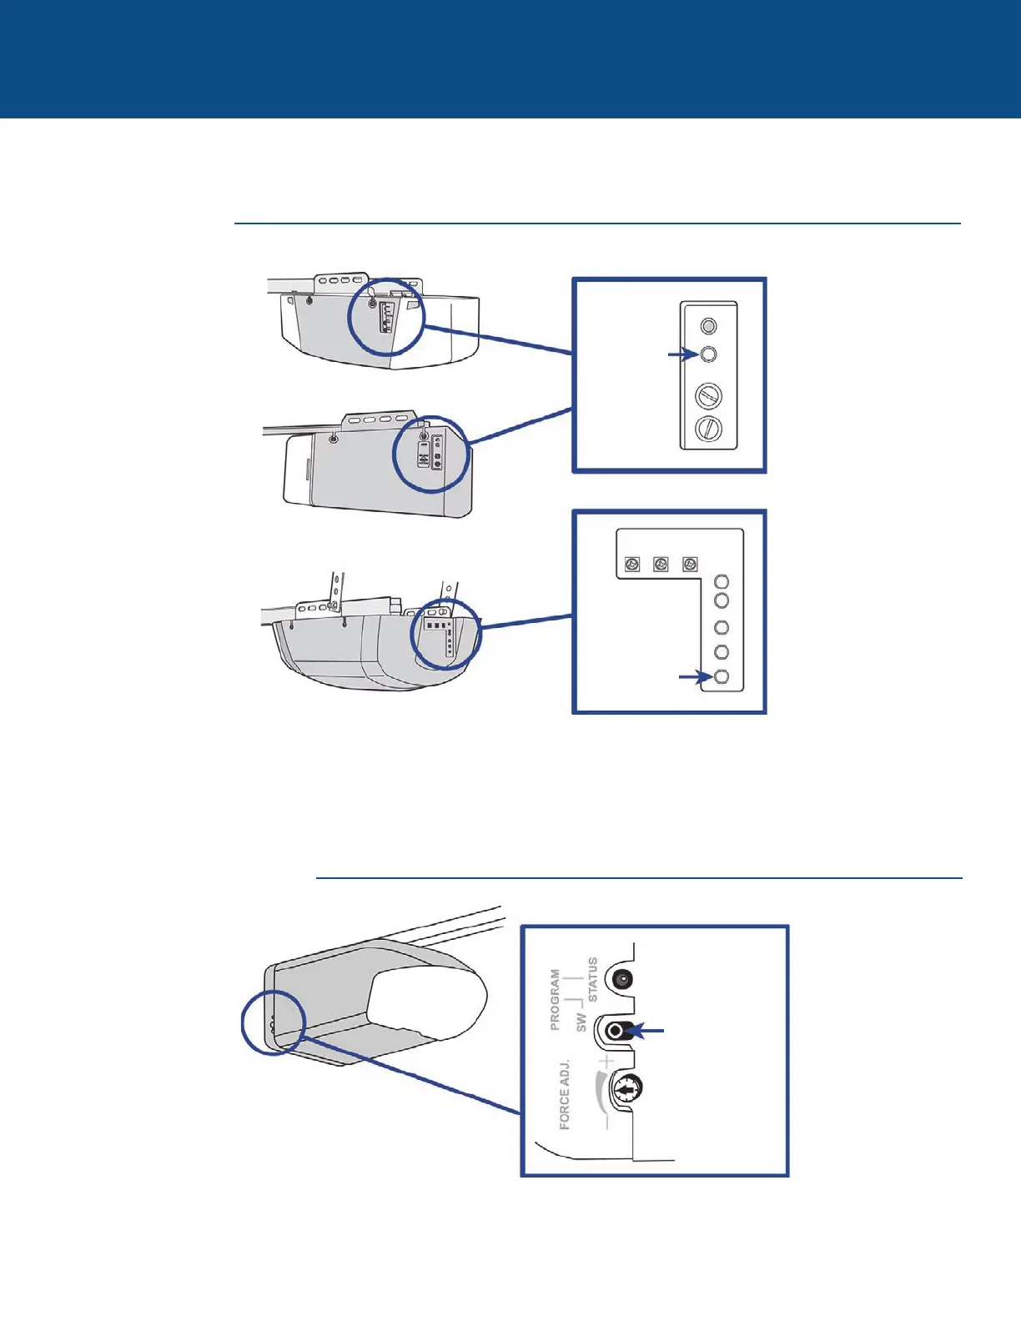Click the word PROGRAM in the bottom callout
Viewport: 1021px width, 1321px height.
[555, 998]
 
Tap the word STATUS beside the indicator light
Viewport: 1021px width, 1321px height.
[592, 979]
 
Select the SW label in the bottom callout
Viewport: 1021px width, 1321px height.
[581, 1022]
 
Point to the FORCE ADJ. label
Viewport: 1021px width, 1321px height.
[565, 1093]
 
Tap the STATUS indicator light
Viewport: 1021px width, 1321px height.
[621, 979]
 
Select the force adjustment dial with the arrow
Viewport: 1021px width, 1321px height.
[626, 1088]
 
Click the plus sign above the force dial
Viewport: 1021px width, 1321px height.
[606, 1061]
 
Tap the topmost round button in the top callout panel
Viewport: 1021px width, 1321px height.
[707, 325]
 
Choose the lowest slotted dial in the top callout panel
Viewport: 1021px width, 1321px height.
[708, 429]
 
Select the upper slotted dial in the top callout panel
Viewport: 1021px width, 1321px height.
[708, 394]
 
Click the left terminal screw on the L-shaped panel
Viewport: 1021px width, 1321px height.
[632, 565]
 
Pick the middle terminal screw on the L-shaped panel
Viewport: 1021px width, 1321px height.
[661, 565]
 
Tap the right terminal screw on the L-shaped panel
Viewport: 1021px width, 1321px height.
[689, 565]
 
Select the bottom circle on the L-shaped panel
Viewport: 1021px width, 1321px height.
[722, 676]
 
